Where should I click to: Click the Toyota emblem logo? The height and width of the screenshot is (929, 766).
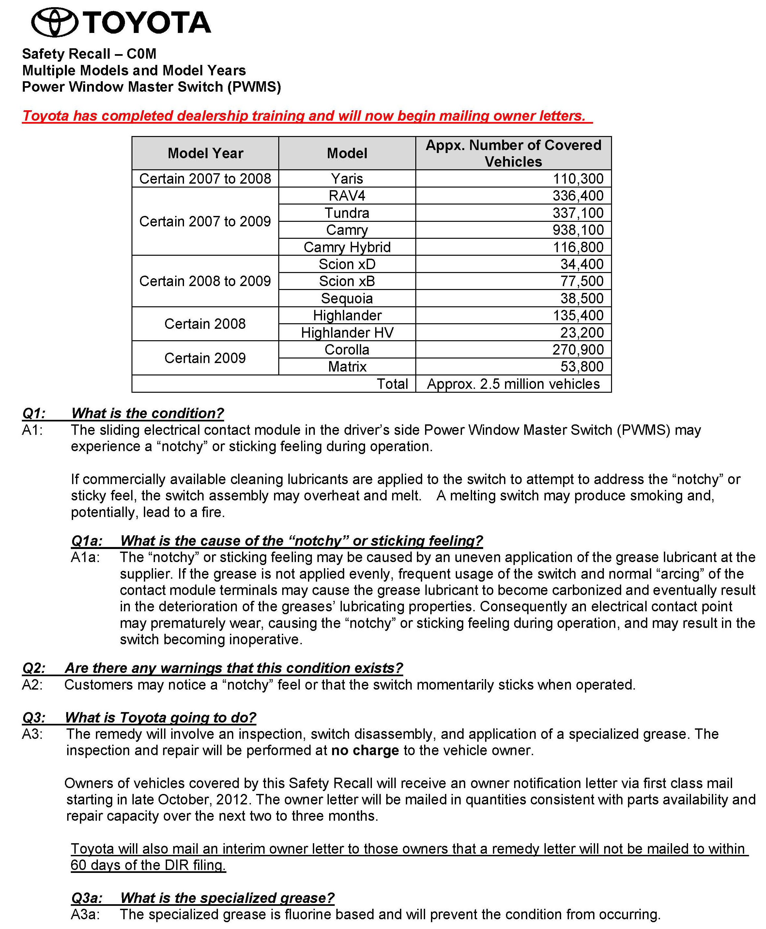55,22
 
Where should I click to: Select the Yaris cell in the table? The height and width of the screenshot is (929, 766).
347,179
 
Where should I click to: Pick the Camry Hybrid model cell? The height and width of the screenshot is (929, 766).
347,247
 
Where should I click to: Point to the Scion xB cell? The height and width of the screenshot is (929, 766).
347,281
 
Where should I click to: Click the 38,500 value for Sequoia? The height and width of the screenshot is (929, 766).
582,298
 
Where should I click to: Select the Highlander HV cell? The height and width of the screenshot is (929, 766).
347,333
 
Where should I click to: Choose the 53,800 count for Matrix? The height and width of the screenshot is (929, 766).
582,367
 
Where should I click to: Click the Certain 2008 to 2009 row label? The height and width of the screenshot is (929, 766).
205,281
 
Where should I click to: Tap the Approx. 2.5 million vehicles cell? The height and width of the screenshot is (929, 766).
513,384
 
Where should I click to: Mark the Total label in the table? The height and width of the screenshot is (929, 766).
392,384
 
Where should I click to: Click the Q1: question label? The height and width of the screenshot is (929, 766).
34,413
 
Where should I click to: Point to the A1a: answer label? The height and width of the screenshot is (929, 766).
85,557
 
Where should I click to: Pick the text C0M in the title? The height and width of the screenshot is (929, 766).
141,54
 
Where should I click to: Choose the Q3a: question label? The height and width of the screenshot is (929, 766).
86,898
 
